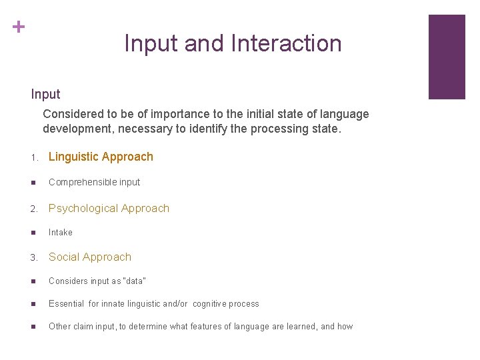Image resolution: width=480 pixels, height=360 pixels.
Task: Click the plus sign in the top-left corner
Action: click(x=19, y=27)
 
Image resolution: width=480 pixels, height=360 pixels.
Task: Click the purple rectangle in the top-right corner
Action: click(x=446, y=57)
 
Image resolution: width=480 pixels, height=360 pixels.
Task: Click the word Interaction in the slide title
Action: click(x=287, y=43)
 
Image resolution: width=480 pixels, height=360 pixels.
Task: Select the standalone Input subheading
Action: click(x=45, y=95)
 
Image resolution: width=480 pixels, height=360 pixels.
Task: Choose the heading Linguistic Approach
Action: click(x=101, y=157)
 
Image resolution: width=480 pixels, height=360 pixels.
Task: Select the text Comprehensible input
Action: click(x=94, y=182)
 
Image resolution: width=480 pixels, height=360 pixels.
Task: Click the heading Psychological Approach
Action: click(x=109, y=208)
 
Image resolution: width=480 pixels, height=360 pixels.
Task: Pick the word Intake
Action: click(x=61, y=233)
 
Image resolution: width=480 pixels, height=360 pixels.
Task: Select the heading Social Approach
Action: click(x=90, y=257)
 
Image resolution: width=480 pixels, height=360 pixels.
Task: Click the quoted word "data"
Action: click(x=135, y=281)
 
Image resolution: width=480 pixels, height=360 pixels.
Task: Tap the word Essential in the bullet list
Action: click(x=66, y=304)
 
